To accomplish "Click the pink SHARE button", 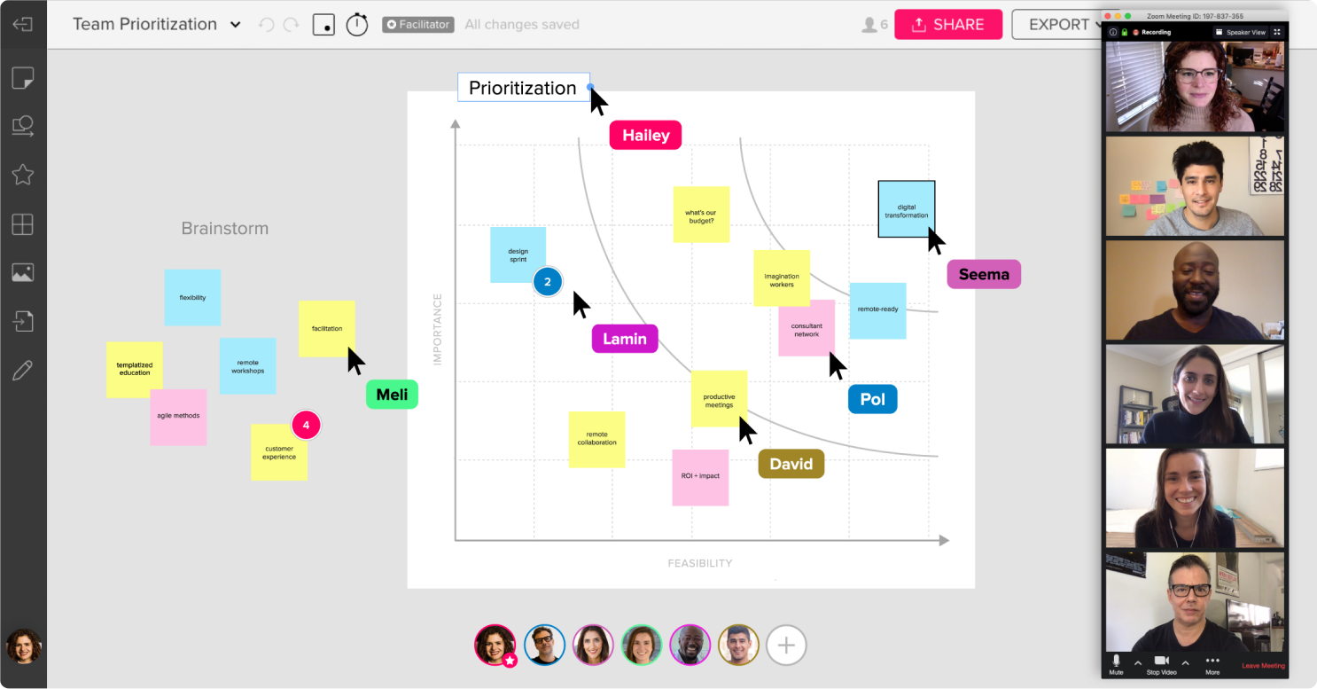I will pyautogui.click(x=947, y=25).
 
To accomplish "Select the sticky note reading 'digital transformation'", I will pyautogui.click(x=906, y=209).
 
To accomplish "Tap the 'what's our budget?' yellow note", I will pyautogui.click(x=701, y=215).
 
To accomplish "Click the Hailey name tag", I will pyautogui.click(x=645, y=135).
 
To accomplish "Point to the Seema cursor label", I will pyautogui.click(x=984, y=274).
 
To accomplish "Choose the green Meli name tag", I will pyautogui.click(x=392, y=395).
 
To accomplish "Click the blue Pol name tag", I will pyautogui.click(x=872, y=399).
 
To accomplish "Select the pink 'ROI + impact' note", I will pyautogui.click(x=700, y=477).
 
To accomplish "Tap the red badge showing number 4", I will pyautogui.click(x=306, y=426).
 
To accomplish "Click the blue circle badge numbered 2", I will pyautogui.click(x=548, y=282).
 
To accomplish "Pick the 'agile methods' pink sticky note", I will pyautogui.click(x=178, y=417).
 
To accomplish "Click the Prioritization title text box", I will pyautogui.click(x=523, y=88).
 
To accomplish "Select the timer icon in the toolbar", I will pyautogui.click(x=357, y=25).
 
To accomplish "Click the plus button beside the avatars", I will pyautogui.click(x=786, y=645).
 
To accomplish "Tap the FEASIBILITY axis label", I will pyautogui.click(x=700, y=563).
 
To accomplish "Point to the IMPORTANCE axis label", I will pyautogui.click(x=437, y=329).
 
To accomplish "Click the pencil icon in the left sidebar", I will pyautogui.click(x=22, y=370).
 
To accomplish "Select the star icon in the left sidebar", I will pyautogui.click(x=22, y=174).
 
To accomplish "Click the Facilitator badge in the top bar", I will pyautogui.click(x=418, y=25).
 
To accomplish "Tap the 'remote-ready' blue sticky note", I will pyautogui.click(x=877, y=310).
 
